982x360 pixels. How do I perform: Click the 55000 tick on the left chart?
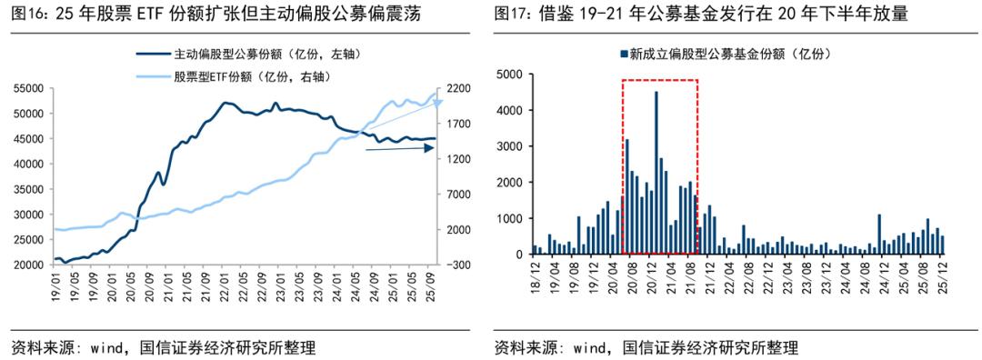[x=29, y=88]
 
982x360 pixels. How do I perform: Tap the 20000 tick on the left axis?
[x=29, y=265]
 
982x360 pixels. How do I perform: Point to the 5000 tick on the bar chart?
[x=509, y=75]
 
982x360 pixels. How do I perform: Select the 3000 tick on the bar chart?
[x=509, y=146]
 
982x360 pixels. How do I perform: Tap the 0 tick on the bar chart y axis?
[x=518, y=255]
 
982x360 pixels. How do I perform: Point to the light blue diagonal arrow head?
[x=440, y=101]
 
